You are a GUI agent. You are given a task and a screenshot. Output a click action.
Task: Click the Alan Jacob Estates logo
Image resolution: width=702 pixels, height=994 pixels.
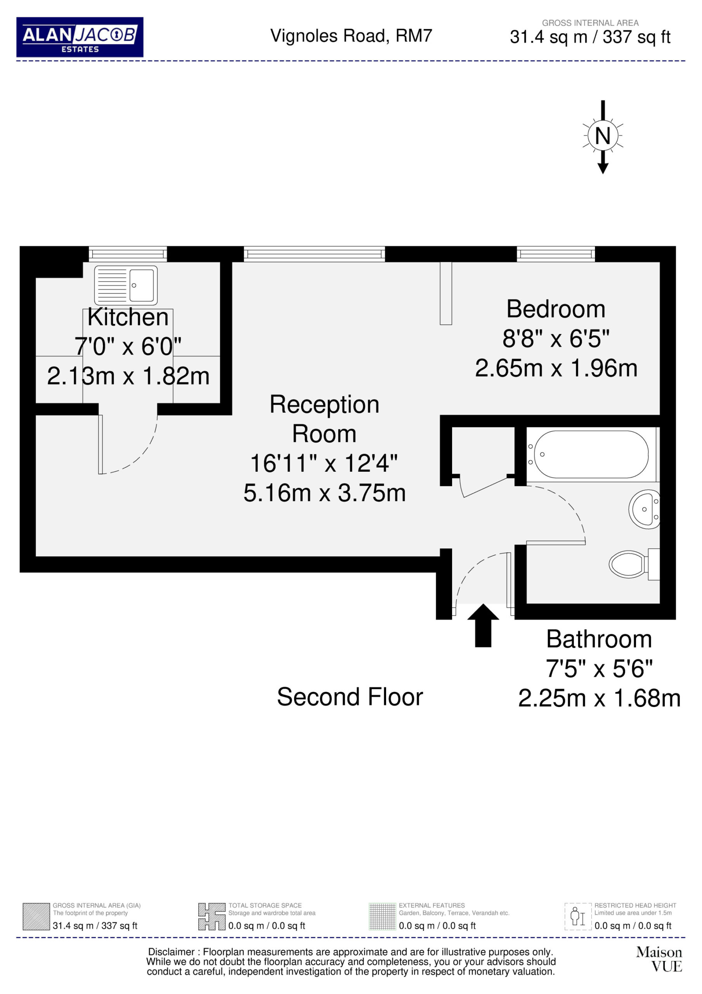click(x=80, y=37)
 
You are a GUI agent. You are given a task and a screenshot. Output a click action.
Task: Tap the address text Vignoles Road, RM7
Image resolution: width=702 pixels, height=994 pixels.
click(x=351, y=36)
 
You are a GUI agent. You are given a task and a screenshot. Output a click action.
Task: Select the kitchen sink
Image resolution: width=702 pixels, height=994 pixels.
click(x=125, y=285)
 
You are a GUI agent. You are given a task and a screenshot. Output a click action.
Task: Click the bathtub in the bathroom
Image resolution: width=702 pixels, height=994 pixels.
click(x=591, y=454)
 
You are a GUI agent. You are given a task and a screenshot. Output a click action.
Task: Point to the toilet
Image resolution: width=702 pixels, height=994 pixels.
click(x=634, y=564)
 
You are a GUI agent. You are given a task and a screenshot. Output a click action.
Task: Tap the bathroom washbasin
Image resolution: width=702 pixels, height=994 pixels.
click(x=645, y=509)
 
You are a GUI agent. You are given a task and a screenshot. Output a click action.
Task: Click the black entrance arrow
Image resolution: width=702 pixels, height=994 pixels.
click(x=483, y=626)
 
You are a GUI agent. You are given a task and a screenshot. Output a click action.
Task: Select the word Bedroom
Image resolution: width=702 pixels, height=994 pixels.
click(x=556, y=309)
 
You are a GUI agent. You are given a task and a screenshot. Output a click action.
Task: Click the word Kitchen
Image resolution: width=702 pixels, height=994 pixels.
click(x=128, y=317)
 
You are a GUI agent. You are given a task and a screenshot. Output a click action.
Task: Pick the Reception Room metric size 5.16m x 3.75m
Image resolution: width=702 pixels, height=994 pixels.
click(x=324, y=493)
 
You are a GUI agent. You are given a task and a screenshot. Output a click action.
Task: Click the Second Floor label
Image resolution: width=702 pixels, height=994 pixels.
click(x=350, y=697)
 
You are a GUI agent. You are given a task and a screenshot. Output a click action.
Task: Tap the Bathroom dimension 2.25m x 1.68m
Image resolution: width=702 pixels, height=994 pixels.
click(x=600, y=698)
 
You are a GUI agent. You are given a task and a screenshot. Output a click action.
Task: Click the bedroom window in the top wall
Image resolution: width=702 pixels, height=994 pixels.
click(x=556, y=254)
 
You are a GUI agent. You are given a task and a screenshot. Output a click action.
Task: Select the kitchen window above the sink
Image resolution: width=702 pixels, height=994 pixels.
click(x=128, y=254)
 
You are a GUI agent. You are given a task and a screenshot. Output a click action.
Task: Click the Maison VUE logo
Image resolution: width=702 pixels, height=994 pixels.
click(x=659, y=959)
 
